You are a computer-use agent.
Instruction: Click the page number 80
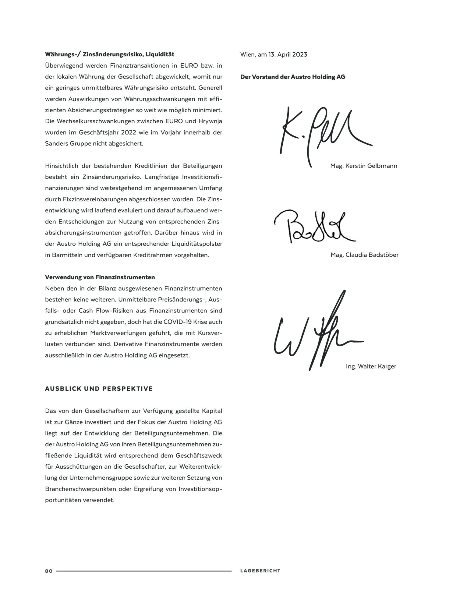click(x=49, y=571)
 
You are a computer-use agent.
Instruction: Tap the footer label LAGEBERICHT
click(x=260, y=571)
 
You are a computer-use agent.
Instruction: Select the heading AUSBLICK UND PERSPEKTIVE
click(x=99, y=389)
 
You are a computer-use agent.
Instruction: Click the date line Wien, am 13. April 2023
click(x=274, y=55)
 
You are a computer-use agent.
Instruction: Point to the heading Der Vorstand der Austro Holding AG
click(x=293, y=77)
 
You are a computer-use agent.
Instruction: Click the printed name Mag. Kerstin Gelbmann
click(x=364, y=166)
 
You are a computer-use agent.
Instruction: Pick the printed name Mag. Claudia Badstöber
click(x=364, y=255)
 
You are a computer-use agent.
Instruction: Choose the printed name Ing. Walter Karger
click(x=371, y=366)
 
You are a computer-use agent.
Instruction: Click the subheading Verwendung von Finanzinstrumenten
click(x=100, y=277)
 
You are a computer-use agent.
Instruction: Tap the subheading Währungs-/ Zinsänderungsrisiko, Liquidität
click(x=110, y=55)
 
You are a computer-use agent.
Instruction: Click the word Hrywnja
click(x=210, y=121)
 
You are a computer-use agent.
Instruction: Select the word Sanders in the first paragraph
click(x=56, y=143)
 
